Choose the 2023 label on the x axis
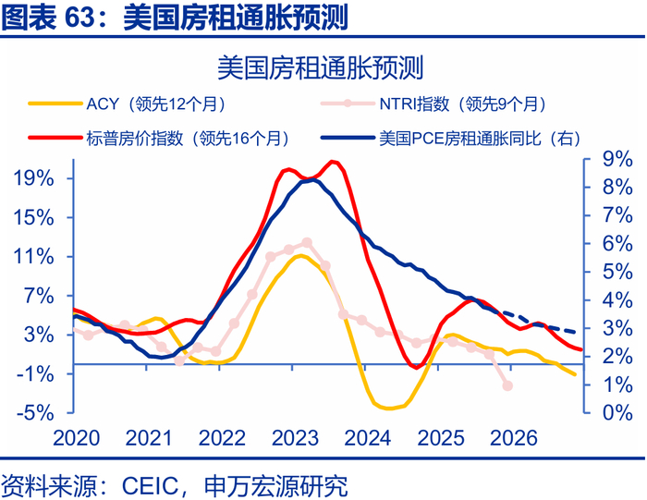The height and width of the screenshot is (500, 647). [294, 437]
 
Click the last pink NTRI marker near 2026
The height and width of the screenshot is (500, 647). [507, 385]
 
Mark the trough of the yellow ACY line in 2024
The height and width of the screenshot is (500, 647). [388, 408]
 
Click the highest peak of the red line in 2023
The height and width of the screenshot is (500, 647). [333, 162]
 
